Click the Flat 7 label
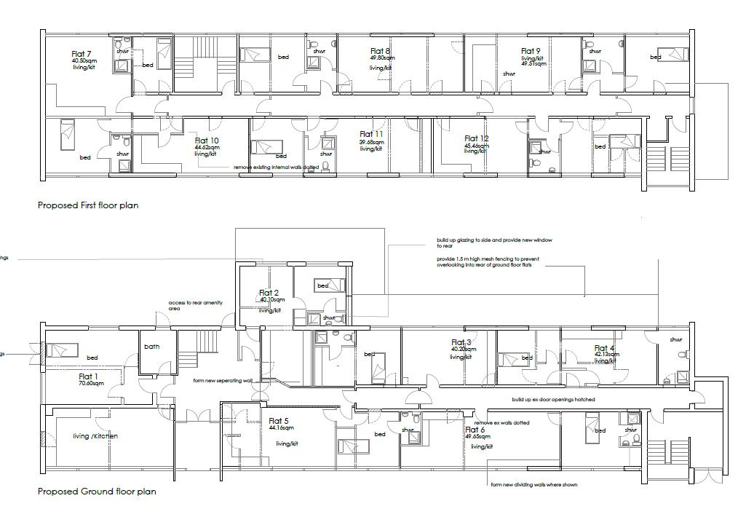point(82,54)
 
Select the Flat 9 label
point(531,51)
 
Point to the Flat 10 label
point(207,141)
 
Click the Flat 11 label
point(371,134)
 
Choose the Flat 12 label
point(477,138)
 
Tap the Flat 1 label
point(90,377)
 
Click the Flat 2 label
point(269,293)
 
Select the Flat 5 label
point(279,421)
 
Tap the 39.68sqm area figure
point(370,142)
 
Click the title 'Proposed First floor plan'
point(88,205)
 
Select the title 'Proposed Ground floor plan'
point(97,492)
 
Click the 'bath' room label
point(152,347)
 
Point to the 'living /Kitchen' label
point(95,436)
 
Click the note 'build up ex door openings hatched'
point(553,400)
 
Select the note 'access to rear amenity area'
point(196,306)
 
